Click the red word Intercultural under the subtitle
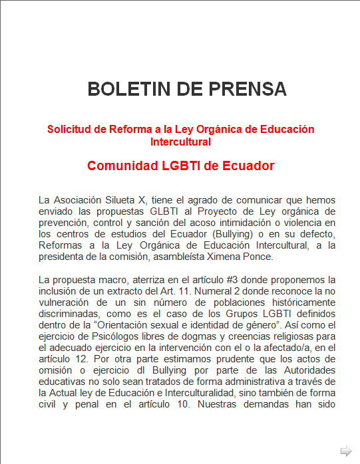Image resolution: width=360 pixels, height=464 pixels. point(180,142)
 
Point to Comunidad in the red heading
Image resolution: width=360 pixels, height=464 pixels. point(122,166)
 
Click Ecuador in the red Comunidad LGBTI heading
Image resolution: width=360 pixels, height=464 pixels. point(245,166)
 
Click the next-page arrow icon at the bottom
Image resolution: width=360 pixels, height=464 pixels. point(345,451)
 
